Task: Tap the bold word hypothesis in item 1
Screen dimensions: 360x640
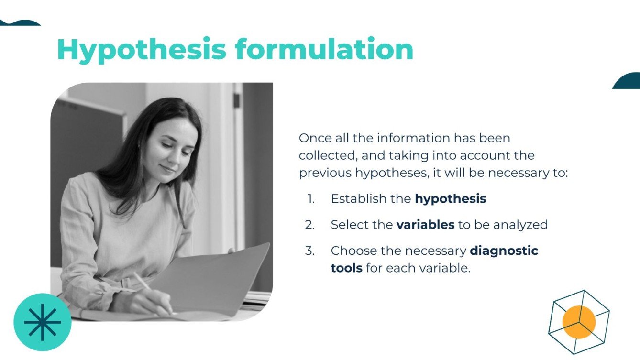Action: point(450,199)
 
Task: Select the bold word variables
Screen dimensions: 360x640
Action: point(425,225)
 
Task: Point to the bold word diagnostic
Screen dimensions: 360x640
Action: point(504,251)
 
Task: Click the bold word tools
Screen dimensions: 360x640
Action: point(346,268)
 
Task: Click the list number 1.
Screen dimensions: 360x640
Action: point(311,199)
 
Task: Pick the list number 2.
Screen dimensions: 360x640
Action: point(310,225)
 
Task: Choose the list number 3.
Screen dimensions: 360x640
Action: point(310,251)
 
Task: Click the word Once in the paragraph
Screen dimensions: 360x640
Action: point(315,138)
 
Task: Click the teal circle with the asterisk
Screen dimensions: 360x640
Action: point(43,322)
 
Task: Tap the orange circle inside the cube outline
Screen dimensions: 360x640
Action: point(579,322)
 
